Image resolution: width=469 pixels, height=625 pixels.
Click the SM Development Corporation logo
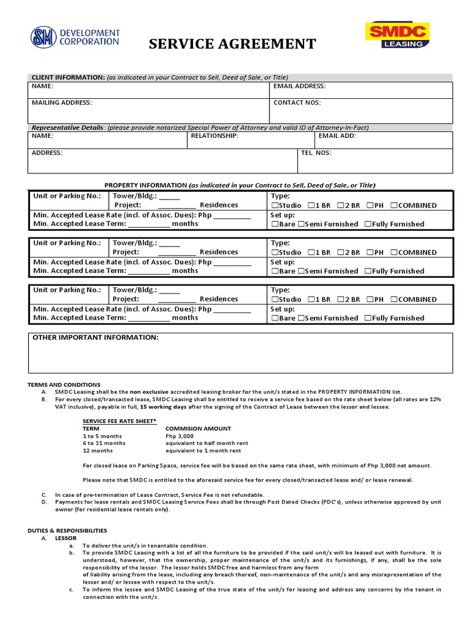pyautogui.click(x=75, y=37)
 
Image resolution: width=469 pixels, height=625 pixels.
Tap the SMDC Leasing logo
pyautogui.click(x=396, y=35)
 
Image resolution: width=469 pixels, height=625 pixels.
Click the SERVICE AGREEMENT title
pyautogui.click(x=233, y=44)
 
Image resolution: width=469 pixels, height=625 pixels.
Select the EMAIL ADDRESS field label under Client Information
pyautogui.click(x=299, y=87)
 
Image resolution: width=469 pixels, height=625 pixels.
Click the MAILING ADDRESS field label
pyautogui.click(x=62, y=103)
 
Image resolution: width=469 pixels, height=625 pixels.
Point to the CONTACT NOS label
pyautogui.click(x=297, y=103)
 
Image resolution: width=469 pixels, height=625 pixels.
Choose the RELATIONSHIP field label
pyautogui.click(x=214, y=136)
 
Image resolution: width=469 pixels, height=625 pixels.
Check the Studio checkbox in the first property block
pyautogui.click(x=274, y=206)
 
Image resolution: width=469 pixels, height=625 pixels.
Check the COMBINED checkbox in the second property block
pyautogui.click(x=394, y=253)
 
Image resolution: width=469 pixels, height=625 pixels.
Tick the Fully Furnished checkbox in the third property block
pyautogui.click(x=368, y=318)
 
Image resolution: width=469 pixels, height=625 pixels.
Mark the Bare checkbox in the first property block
pyautogui.click(x=274, y=224)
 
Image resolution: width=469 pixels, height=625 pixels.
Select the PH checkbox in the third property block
pyautogui.click(x=370, y=300)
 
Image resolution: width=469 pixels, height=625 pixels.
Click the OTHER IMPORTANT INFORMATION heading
pyautogui.click(x=95, y=338)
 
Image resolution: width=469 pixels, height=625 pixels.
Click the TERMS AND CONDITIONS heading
pyautogui.click(x=64, y=385)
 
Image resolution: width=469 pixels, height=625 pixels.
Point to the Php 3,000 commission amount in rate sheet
pyautogui.click(x=179, y=436)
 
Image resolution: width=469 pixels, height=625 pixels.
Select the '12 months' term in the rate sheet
pyautogui.click(x=98, y=450)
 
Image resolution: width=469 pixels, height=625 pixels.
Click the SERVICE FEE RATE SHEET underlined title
pyautogui.click(x=120, y=421)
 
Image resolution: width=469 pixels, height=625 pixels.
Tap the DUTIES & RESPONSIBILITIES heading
pyautogui.click(x=67, y=530)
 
